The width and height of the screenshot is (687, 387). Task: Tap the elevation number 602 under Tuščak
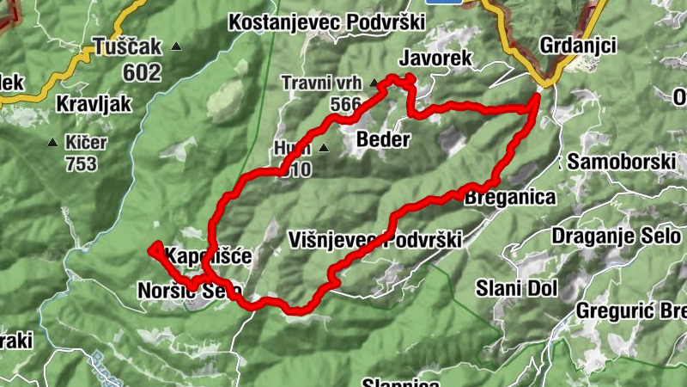[x=142, y=71]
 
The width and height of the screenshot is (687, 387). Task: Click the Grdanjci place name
[x=578, y=46]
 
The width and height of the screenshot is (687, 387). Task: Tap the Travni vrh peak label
[x=324, y=83]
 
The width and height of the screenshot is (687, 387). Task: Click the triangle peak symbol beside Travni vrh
[x=374, y=84]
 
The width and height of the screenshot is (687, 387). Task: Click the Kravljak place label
[x=94, y=105]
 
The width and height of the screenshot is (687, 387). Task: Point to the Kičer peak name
[x=86, y=142]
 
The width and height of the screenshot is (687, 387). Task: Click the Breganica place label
[x=509, y=197]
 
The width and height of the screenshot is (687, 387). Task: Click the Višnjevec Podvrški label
[x=375, y=240]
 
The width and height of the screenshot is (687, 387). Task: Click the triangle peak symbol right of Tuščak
[x=176, y=46]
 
